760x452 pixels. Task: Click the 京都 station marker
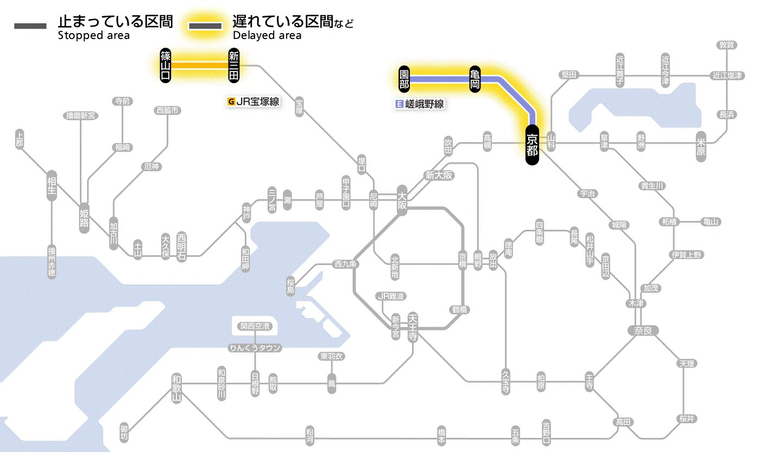pyautogui.click(x=532, y=145)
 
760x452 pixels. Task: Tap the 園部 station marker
pyautogui.click(x=404, y=79)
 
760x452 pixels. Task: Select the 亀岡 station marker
pyautogui.click(x=475, y=79)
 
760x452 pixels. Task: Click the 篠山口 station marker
pyautogui.click(x=166, y=65)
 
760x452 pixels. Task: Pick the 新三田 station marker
pyautogui.click(x=233, y=65)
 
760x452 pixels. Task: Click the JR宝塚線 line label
pyautogui.click(x=254, y=101)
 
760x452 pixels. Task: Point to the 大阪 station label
pyautogui.click(x=402, y=201)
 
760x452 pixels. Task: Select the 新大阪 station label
pyautogui.click(x=439, y=175)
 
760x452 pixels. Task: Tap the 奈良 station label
pyautogui.click(x=642, y=330)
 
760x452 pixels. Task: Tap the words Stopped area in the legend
pyautogui.click(x=93, y=36)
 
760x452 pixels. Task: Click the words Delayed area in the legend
pyautogui.click(x=267, y=36)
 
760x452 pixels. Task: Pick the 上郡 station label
pyautogui.click(x=20, y=139)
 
